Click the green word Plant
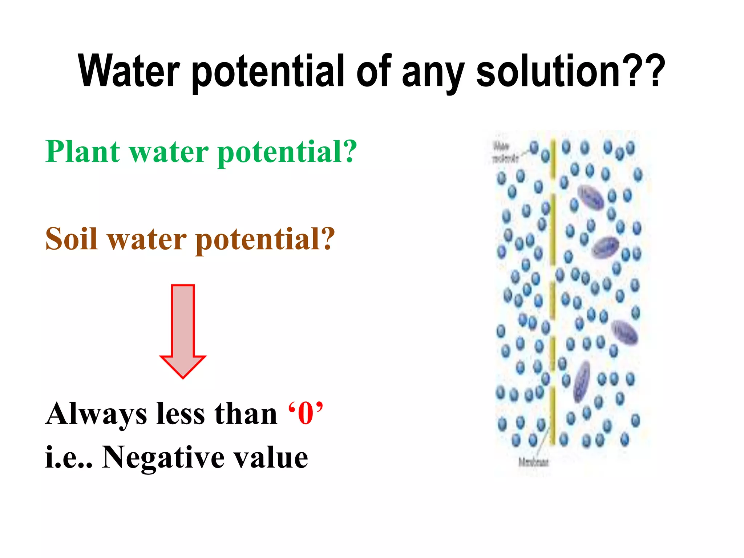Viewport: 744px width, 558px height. tap(83, 151)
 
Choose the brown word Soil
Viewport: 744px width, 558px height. tap(72, 239)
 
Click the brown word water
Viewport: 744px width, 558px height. tap(147, 240)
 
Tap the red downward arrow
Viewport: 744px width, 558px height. tap(183, 331)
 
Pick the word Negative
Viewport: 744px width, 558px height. tap(163, 458)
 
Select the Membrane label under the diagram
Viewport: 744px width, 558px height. tap(533, 462)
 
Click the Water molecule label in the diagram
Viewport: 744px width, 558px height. tap(505, 153)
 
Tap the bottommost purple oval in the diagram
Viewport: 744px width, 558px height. tap(581, 381)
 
